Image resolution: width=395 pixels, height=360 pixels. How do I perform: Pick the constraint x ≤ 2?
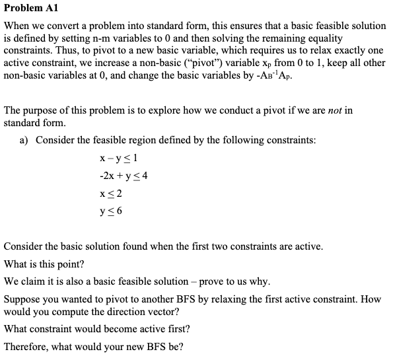point(110,194)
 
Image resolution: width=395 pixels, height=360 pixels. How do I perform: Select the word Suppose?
point(24,299)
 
